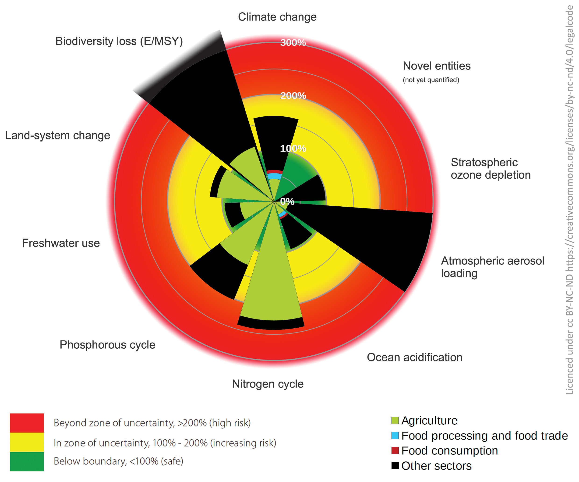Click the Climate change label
[x=277, y=17]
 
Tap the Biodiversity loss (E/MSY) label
[x=119, y=41]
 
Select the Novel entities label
[x=437, y=66]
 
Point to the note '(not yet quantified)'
[x=431, y=80]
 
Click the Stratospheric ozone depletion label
[x=491, y=169]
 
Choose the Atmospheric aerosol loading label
[x=493, y=267]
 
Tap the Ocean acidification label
[x=415, y=357]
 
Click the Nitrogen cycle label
[x=268, y=384]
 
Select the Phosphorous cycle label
[x=108, y=345]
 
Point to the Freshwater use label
[x=61, y=243]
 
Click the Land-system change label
[x=58, y=135]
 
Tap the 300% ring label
[x=293, y=43]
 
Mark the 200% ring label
[x=293, y=96]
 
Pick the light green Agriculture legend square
[x=395, y=420]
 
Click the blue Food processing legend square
[x=395, y=435]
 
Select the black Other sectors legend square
[x=395, y=466]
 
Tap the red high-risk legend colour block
[x=27, y=423]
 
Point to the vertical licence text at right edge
[x=570, y=200]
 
